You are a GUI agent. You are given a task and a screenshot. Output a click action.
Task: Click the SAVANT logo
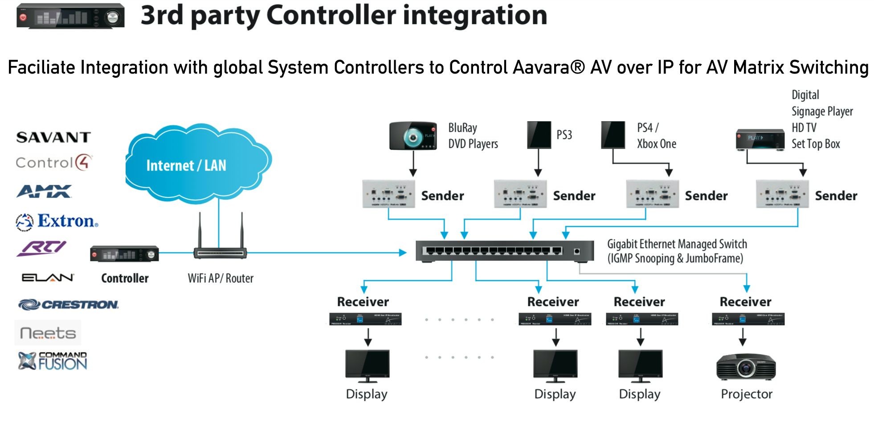coord(53,137)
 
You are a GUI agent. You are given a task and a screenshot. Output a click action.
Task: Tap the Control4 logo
coord(54,163)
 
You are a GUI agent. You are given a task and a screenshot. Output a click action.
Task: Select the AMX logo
coord(44,192)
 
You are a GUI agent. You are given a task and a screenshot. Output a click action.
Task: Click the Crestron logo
coord(69,305)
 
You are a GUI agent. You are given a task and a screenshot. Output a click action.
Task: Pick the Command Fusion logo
coord(53,361)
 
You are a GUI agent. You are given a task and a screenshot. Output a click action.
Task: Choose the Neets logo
coord(48,333)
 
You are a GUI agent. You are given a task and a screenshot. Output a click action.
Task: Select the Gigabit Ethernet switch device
coord(504,251)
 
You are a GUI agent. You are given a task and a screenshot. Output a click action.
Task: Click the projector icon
coord(746,367)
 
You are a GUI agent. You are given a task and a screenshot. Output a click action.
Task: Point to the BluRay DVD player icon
coord(413,135)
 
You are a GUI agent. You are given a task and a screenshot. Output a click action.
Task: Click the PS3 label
coord(564,135)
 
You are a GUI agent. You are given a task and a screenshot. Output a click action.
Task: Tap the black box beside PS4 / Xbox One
coord(613,135)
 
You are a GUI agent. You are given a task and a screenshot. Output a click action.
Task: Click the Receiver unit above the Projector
coord(748,319)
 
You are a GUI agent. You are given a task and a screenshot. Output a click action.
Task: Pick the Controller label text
coord(125,278)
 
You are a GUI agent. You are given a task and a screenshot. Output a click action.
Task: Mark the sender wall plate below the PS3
coord(520,194)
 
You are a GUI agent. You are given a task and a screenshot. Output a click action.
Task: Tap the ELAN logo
coord(48,278)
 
